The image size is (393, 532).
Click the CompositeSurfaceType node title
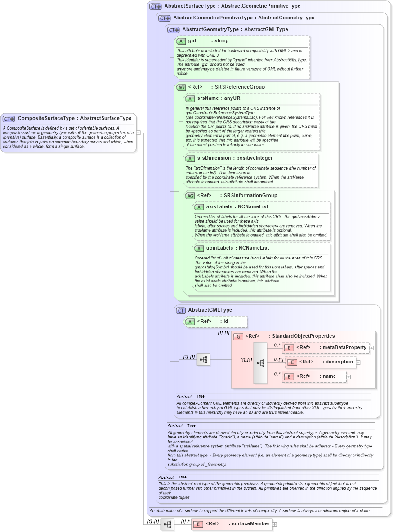click(x=74, y=118)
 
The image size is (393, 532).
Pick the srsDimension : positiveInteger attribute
click(x=235, y=158)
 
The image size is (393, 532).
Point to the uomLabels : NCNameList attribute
click(x=237, y=248)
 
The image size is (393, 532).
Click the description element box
click(x=321, y=362)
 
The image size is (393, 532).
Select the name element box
click(x=315, y=376)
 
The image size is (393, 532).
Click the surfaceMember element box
click(x=231, y=523)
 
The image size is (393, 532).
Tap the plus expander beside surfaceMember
click(x=275, y=524)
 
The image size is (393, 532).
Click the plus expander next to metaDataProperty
click(x=371, y=348)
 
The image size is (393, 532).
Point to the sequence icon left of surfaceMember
click(x=167, y=524)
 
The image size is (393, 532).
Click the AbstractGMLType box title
click(x=210, y=310)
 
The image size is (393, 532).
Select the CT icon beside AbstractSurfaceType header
click(x=156, y=6)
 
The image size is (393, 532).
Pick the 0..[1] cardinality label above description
click(x=279, y=359)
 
